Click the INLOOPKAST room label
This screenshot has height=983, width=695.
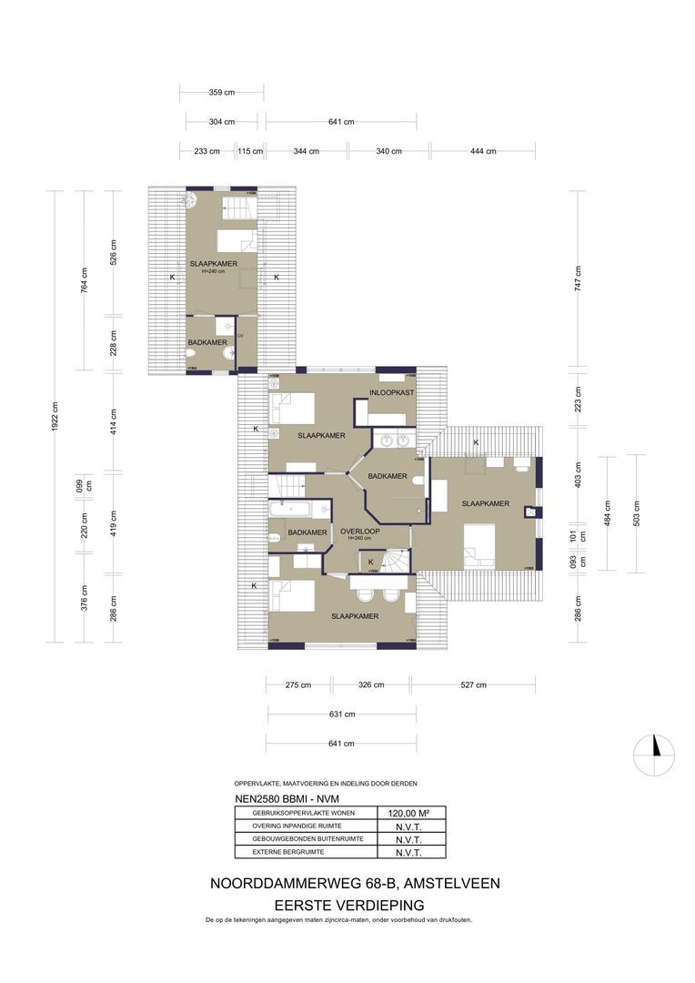point(392,392)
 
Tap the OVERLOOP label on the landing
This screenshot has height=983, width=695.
point(359,531)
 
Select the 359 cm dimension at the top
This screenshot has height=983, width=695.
point(221,92)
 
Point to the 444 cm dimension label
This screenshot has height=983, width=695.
point(483,151)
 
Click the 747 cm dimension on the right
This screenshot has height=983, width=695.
point(578,277)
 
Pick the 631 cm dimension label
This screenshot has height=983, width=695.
point(341,714)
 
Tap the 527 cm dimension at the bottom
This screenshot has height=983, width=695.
point(472,684)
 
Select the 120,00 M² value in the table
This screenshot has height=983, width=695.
point(409,814)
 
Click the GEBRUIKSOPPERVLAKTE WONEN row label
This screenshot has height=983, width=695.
point(290,813)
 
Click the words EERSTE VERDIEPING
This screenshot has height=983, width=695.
point(349,905)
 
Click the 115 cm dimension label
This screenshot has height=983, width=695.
point(250,151)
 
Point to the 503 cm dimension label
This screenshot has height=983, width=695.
point(637,506)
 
